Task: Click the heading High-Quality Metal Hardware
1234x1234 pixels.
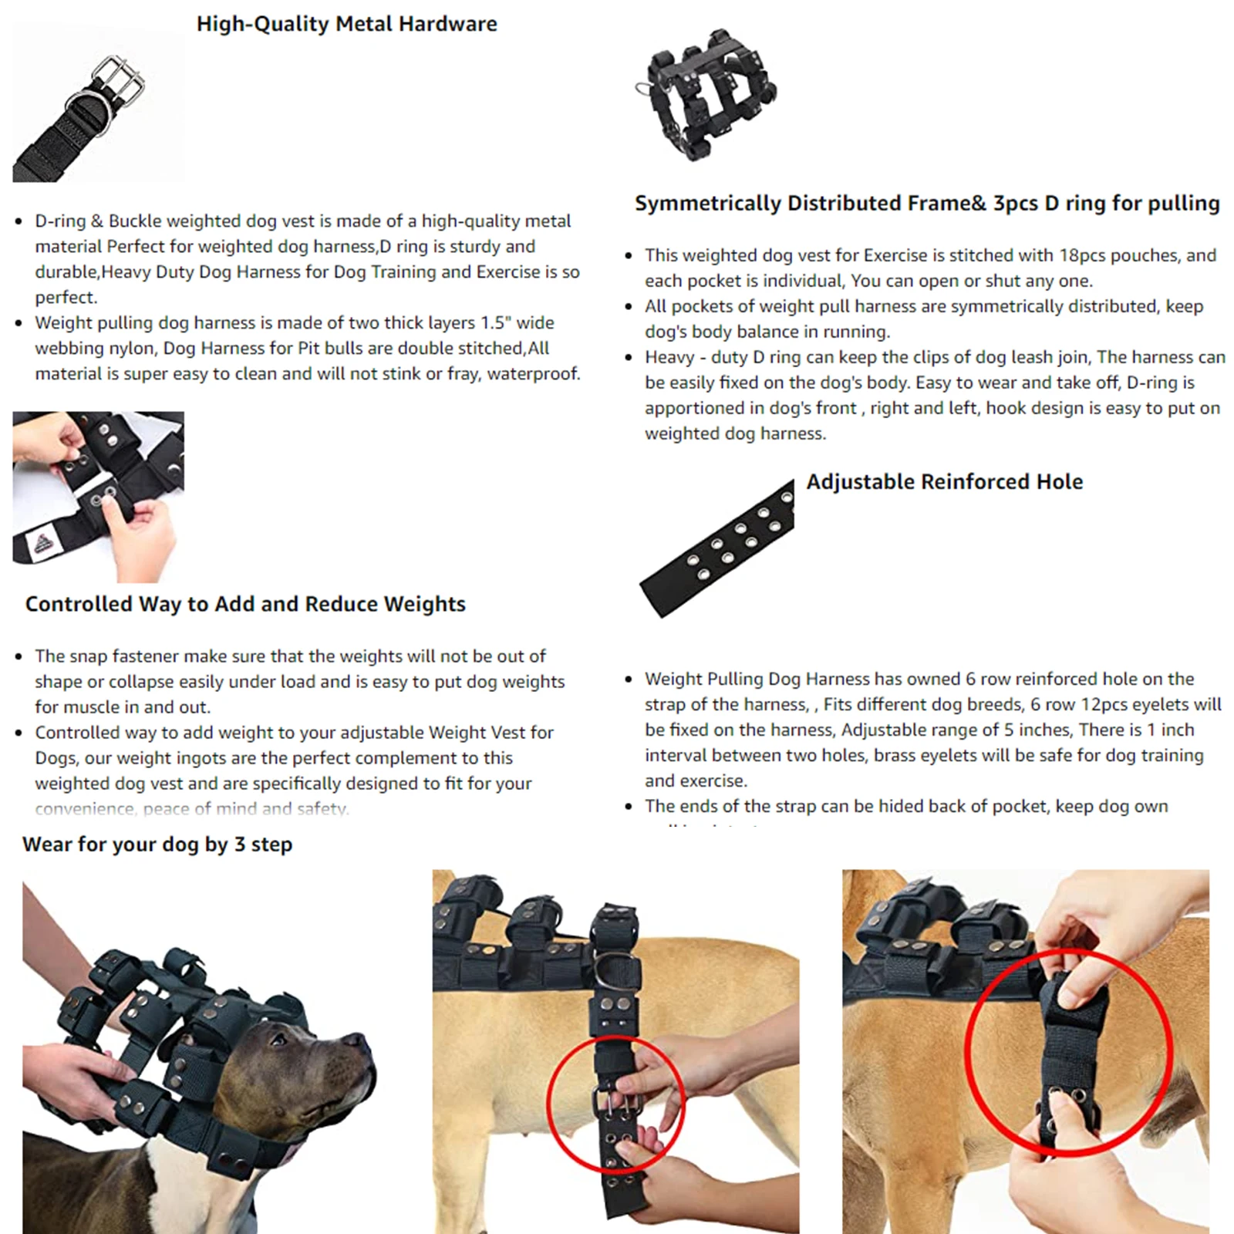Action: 346,24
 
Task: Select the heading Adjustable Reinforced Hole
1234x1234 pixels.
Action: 944,482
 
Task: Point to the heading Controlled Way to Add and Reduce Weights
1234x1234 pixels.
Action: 245,604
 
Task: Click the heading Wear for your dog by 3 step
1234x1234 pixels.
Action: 157,845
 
